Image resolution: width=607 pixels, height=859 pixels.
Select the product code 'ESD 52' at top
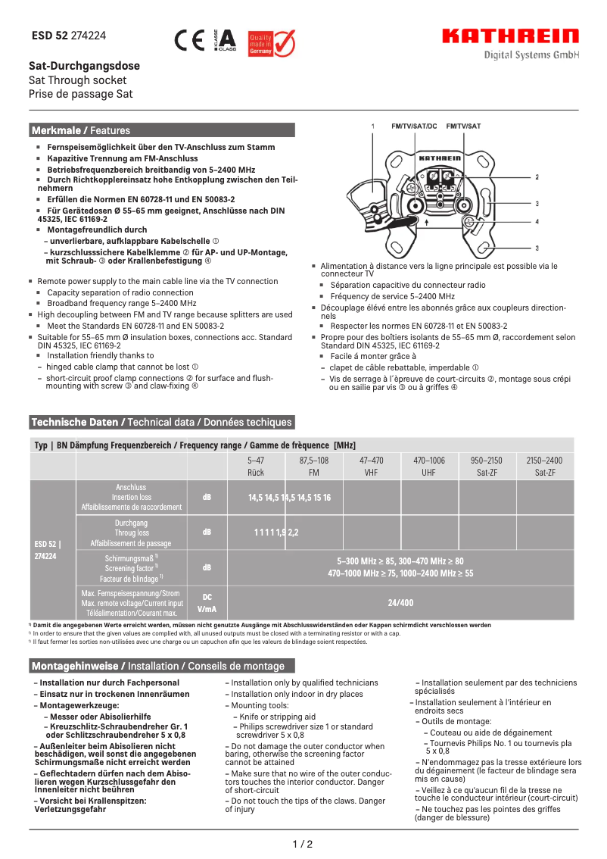tap(50, 36)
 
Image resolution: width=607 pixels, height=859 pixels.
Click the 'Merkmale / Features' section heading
tap(81, 130)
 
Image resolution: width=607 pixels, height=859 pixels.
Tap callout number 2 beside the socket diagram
tap(537, 176)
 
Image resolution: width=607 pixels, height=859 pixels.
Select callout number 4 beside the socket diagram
tap(537, 222)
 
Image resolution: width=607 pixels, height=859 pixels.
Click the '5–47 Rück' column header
tap(256, 466)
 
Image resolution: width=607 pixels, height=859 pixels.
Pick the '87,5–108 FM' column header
tap(313, 466)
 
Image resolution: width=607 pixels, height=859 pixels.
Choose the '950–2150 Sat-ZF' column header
tap(486, 466)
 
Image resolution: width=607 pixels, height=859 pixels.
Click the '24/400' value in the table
tap(400, 603)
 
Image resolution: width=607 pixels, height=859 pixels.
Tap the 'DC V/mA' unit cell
tap(207, 603)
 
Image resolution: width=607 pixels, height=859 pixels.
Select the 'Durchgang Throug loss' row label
tap(131, 533)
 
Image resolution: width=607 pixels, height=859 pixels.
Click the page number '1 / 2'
tap(303, 844)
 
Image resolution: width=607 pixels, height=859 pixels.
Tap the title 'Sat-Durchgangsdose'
tap(84, 66)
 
